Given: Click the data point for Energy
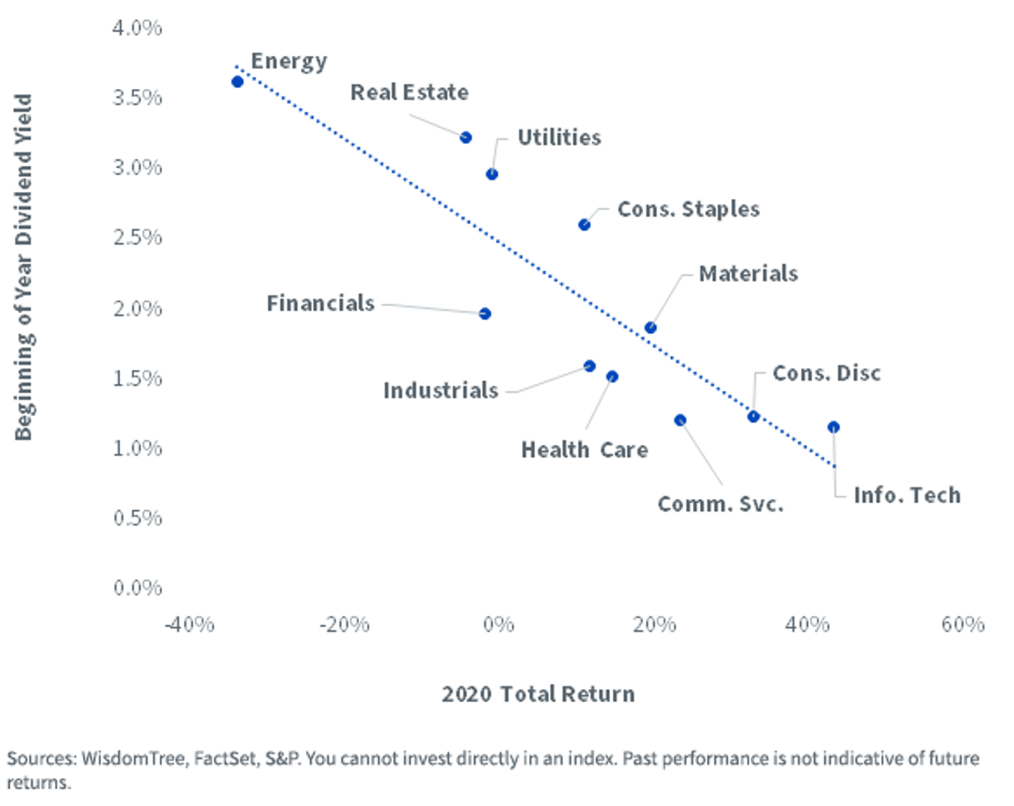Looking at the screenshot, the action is pos(237,82).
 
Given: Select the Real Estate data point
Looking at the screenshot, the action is pos(466,138).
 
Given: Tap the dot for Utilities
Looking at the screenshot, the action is pos(492,174).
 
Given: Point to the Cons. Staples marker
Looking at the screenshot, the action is pos(584,225).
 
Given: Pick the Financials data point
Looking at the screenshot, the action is pos(485,314).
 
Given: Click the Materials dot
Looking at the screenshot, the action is pos(651,328).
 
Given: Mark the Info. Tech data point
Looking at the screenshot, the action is pos(833,427).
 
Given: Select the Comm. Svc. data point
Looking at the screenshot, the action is pos(680,420).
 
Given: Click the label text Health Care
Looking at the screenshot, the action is pos(585,450).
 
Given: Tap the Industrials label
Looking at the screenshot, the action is pos(440,391).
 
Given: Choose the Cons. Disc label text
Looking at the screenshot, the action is pos(826,374).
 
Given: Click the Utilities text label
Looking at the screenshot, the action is pos(559,138).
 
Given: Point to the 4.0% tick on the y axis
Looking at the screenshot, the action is pos(137,28).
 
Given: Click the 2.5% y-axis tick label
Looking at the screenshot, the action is pos(137,237).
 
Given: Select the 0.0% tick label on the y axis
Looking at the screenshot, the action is pos(137,588).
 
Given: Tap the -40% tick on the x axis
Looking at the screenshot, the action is pos(189,625).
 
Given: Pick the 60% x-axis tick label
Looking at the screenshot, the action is pos(963,625).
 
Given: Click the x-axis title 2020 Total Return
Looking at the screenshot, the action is pos(538,694).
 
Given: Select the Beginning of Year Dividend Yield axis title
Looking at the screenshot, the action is pos(23,267).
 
